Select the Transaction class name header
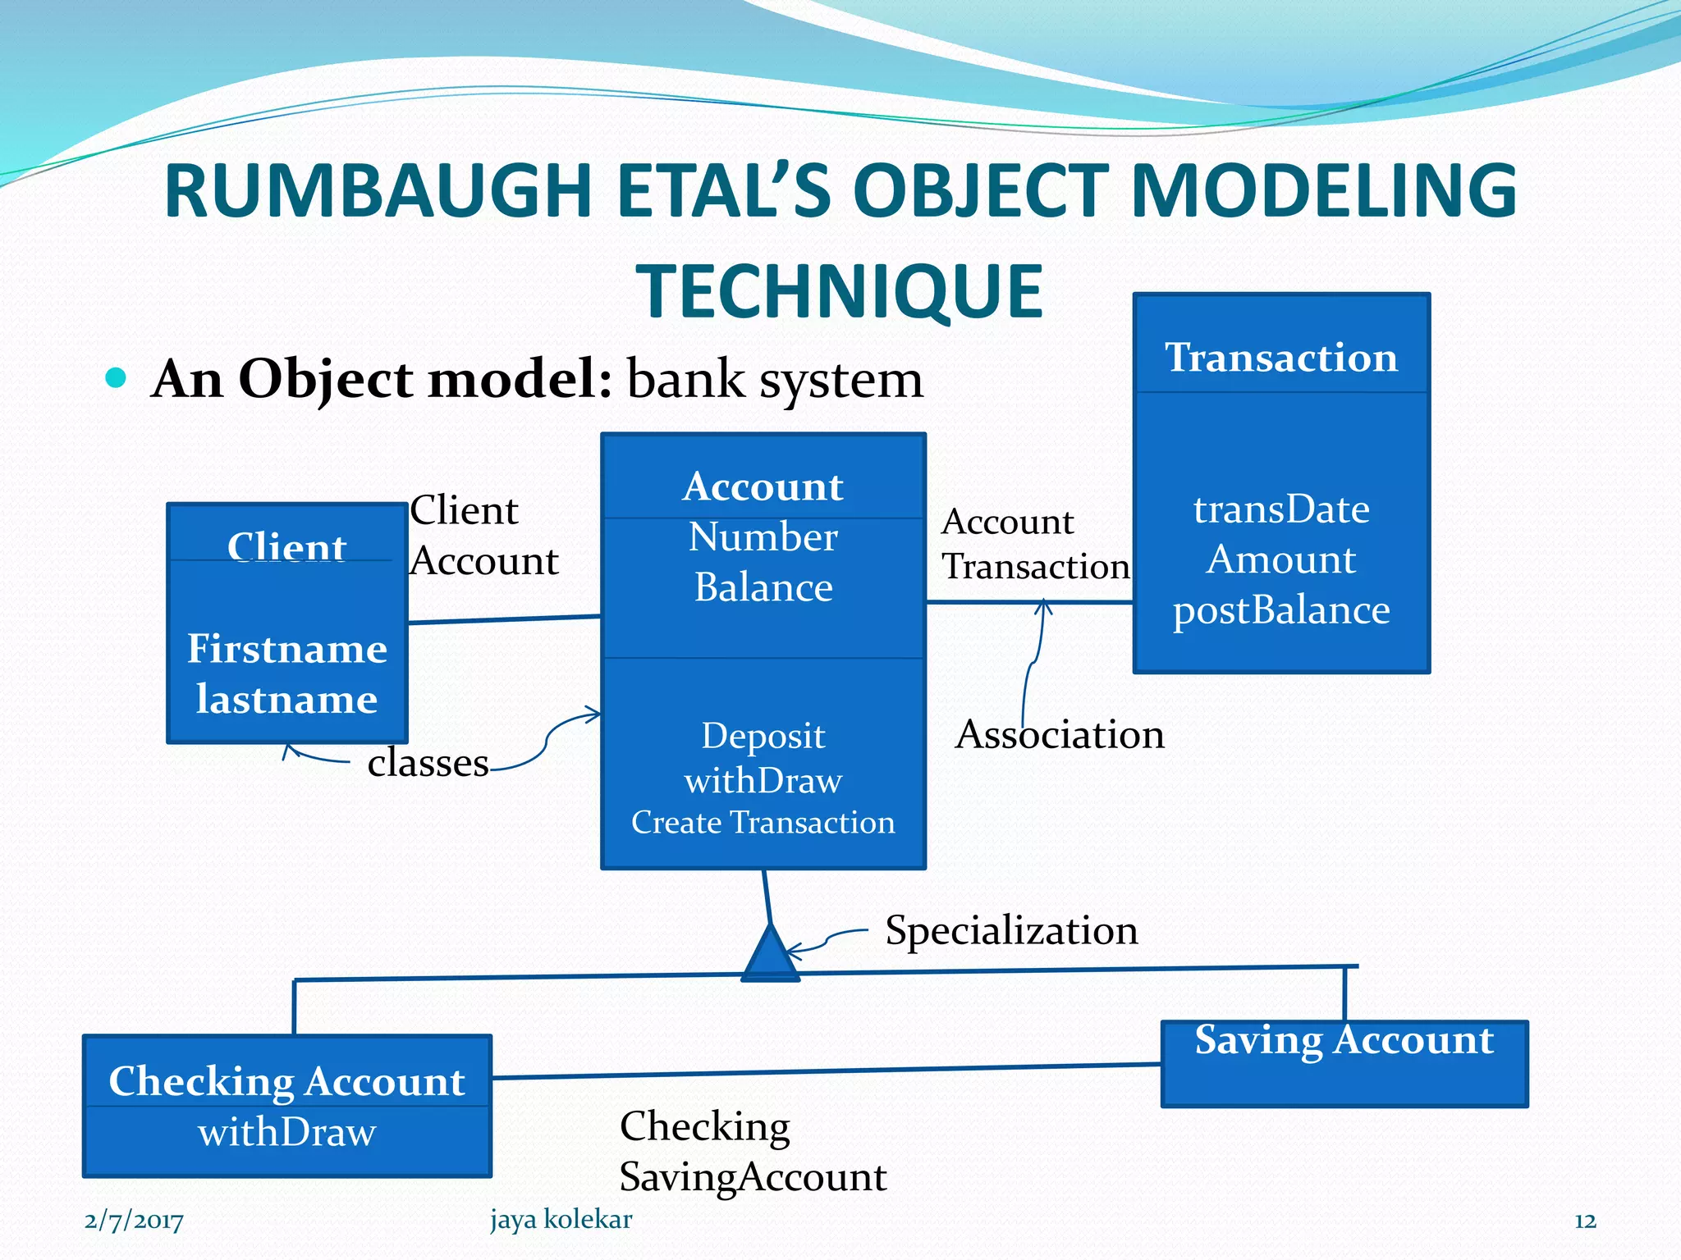point(1280,357)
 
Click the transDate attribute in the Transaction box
point(1280,509)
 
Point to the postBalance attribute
point(1280,610)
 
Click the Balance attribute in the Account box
point(763,587)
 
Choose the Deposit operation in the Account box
point(763,735)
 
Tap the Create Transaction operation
point(763,822)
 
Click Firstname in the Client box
point(286,649)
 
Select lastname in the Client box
point(286,699)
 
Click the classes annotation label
point(428,763)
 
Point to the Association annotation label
point(1060,734)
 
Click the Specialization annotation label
point(1011,930)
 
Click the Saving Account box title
point(1344,1040)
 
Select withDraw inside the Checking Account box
point(286,1133)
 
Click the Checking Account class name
point(286,1081)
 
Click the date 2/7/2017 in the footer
point(134,1221)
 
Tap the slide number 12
point(1585,1221)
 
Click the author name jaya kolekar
point(561,1219)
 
